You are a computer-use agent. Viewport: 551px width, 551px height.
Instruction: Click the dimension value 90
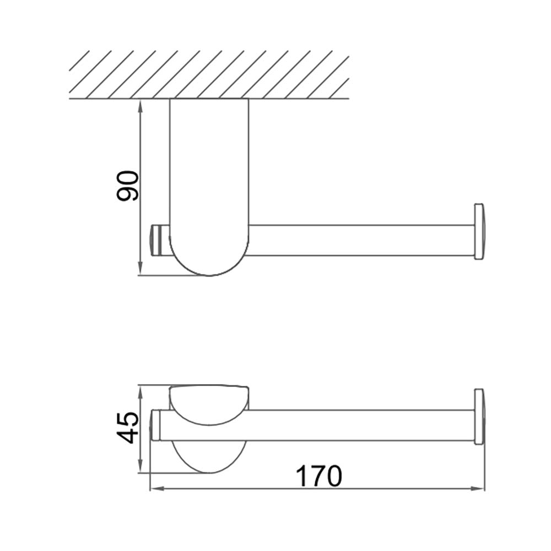pyautogui.click(x=128, y=186)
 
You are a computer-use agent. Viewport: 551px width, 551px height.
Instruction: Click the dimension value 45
pyautogui.click(x=128, y=428)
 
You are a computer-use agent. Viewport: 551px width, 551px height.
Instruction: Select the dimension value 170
pyautogui.click(x=318, y=476)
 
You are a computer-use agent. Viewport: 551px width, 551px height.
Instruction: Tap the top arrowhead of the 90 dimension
pyautogui.click(x=141, y=105)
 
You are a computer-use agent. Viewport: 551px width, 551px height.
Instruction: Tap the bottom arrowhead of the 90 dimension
pyautogui.click(x=141, y=269)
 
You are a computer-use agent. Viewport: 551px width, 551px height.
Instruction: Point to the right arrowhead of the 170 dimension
pyautogui.click(x=478, y=488)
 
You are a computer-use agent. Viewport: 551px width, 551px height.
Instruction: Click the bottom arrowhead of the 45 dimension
pyautogui.click(x=141, y=466)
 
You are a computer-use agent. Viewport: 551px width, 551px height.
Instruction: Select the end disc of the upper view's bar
pyautogui.click(x=480, y=231)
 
